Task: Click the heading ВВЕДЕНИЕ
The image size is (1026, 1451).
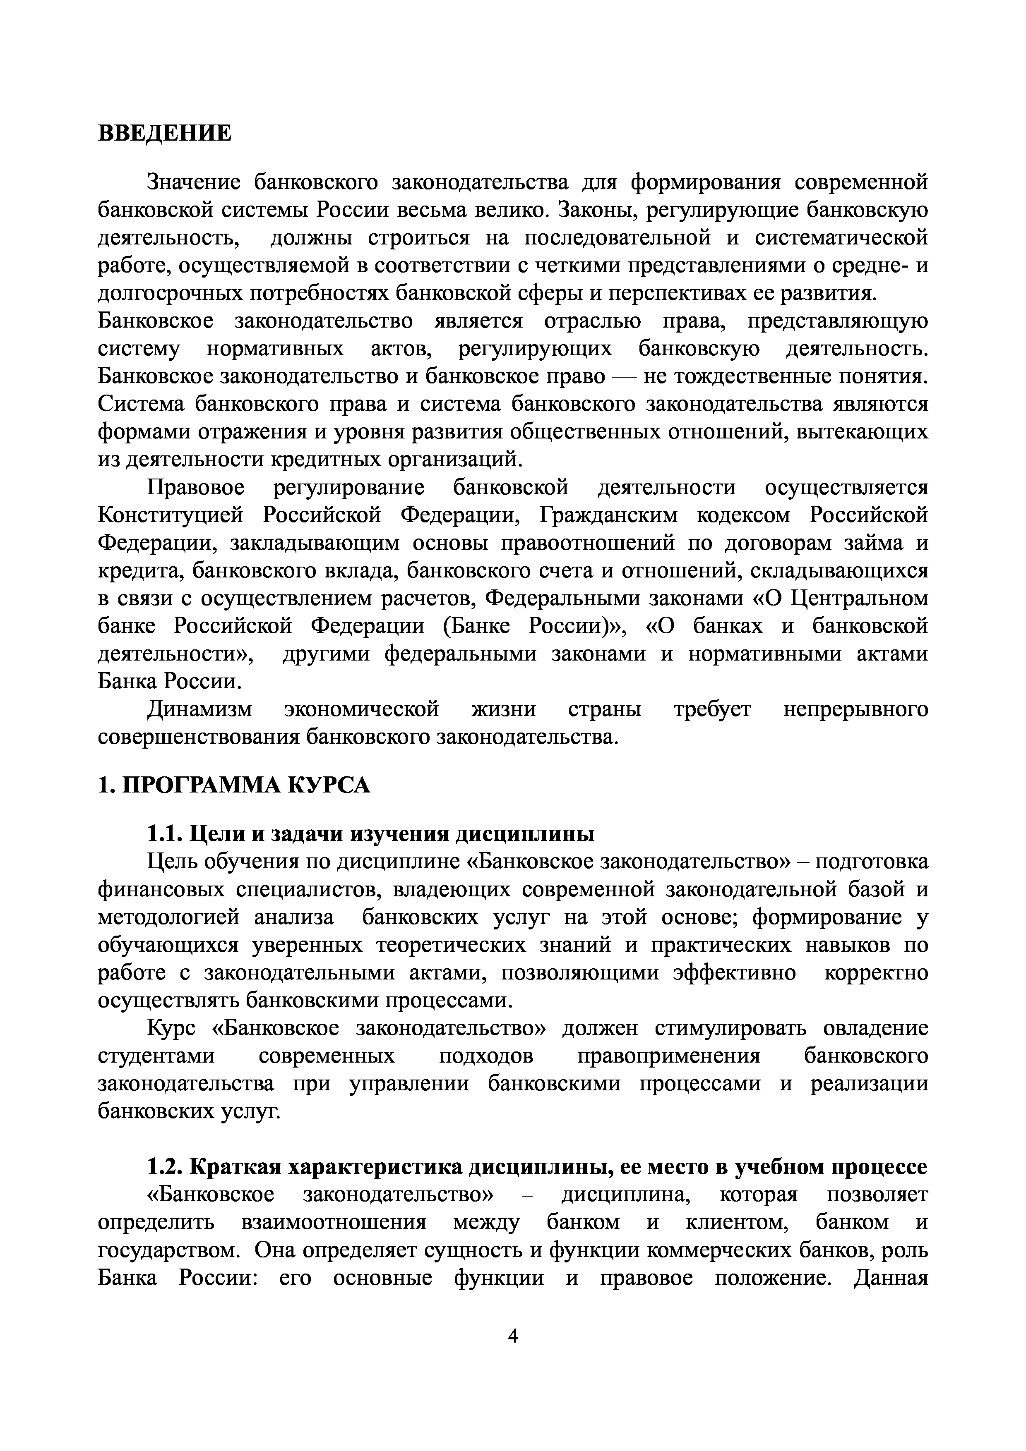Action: (165, 133)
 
